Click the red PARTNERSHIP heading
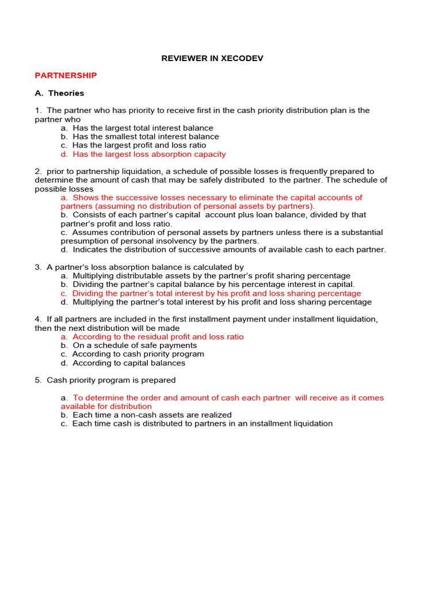tap(66, 75)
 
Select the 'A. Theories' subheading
tap(59, 93)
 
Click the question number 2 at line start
tap(37, 172)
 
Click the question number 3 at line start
tap(37, 267)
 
